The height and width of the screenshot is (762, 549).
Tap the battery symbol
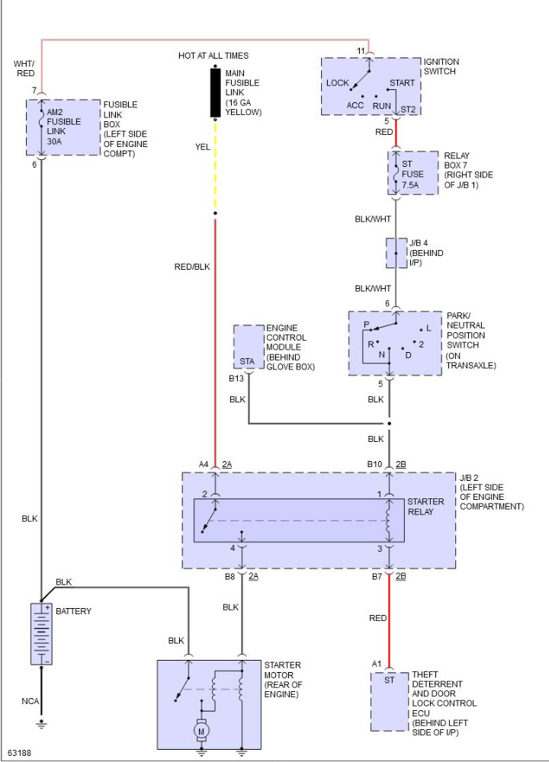(x=41, y=634)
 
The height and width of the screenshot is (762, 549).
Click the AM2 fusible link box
(x=63, y=127)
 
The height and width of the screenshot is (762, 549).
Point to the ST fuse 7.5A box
(x=413, y=173)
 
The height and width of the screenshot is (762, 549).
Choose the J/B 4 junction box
(x=396, y=253)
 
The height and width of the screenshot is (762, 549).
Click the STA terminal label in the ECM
(x=247, y=361)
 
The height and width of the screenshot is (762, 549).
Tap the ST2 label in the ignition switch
(x=408, y=109)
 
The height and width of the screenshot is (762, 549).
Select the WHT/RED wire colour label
(x=24, y=69)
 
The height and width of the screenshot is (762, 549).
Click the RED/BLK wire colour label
(x=192, y=267)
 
